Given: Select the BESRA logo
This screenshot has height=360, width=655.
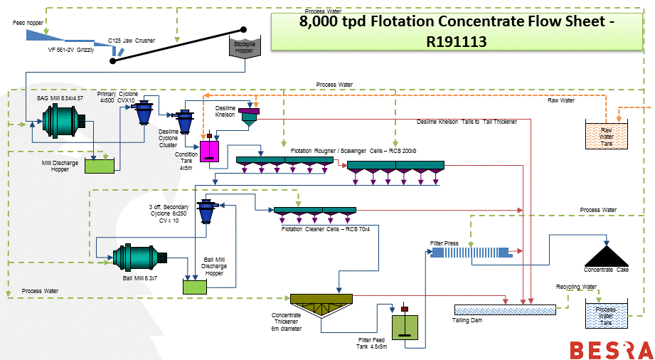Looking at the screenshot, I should tap(611, 350).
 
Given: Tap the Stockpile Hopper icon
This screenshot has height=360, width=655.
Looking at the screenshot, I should tap(243, 48).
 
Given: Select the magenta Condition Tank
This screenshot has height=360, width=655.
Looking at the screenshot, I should tap(211, 151).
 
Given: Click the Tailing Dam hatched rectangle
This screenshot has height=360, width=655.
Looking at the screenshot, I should tap(505, 309).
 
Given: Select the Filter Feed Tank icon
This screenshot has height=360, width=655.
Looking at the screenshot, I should tap(405, 329).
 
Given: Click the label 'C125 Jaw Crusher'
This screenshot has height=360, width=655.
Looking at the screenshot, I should tap(132, 41).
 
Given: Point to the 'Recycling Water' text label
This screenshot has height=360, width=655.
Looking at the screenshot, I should tap(576, 286).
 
